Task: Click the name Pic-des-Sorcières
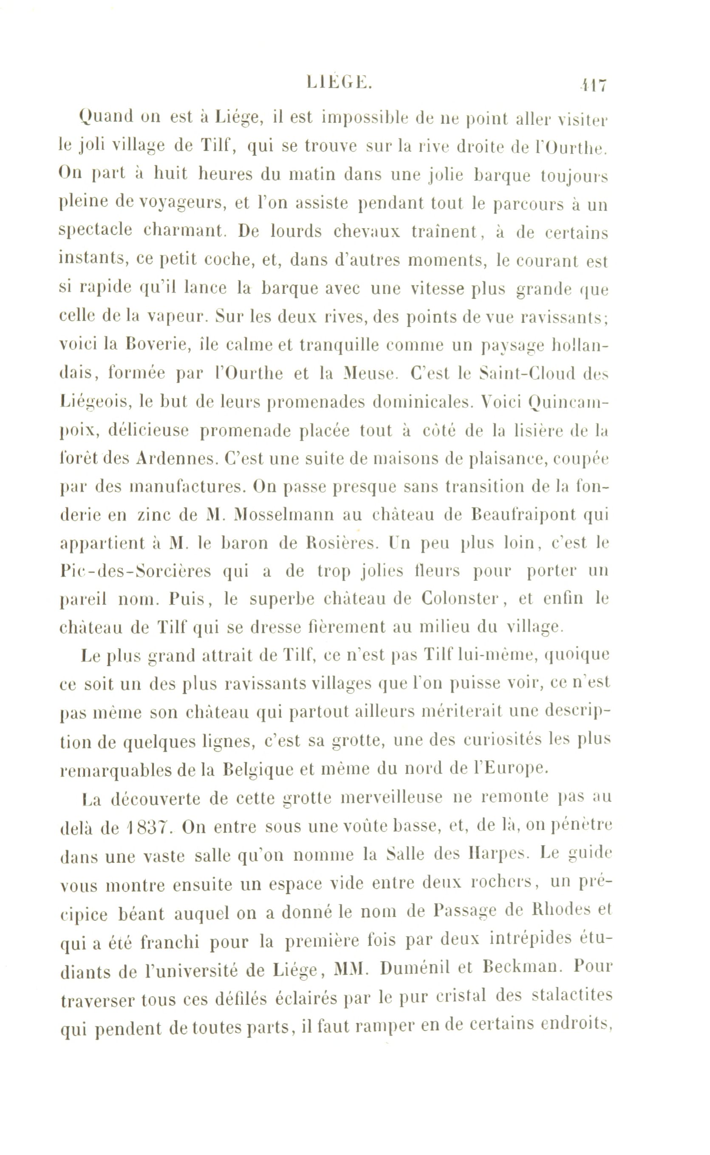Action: pyautogui.click(x=136, y=571)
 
